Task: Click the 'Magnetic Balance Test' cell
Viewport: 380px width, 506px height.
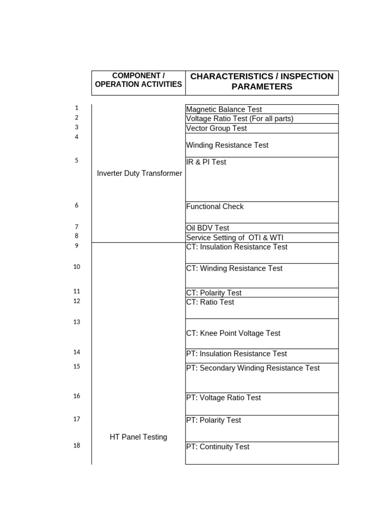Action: pyautogui.click(x=224, y=109)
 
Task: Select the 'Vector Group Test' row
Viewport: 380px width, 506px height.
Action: pyautogui.click(x=216, y=128)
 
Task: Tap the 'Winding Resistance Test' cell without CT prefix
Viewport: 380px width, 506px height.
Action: pyautogui.click(x=227, y=145)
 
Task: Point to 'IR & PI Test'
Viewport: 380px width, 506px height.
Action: pyautogui.click(x=206, y=162)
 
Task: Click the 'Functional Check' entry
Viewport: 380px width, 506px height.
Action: pyautogui.click(x=215, y=207)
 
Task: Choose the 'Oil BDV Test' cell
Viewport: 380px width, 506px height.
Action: pyautogui.click(x=207, y=228)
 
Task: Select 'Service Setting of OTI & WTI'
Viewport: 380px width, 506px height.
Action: pyautogui.click(x=235, y=238)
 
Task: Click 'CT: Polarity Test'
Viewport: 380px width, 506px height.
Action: pyautogui.click(x=213, y=293)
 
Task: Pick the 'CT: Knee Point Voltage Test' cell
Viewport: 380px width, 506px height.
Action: pyautogui.click(x=233, y=334)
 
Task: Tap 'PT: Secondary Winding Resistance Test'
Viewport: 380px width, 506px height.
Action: pyautogui.click(x=253, y=368)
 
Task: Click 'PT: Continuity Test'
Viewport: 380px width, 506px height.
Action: pyautogui.click(x=218, y=447)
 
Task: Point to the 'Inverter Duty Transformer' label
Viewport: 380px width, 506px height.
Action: pyautogui.click(x=140, y=173)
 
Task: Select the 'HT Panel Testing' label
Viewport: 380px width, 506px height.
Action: pyautogui.click(x=138, y=437)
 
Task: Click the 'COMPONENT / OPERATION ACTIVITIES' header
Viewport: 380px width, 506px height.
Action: pyautogui.click(x=138, y=80)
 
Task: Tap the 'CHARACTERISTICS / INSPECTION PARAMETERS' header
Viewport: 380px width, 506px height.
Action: pyautogui.click(x=262, y=82)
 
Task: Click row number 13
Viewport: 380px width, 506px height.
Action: pyautogui.click(x=77, y=322)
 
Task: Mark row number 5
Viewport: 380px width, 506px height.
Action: pyautogui.click(x=77, y=161)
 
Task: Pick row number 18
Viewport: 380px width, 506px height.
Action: pyautogui.click(x=77, y=446)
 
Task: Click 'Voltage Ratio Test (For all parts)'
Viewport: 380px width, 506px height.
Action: pyautogui.click(x=239, y=119)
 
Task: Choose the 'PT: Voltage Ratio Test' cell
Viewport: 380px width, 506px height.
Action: pyautogui.click(x=223, y=398)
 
